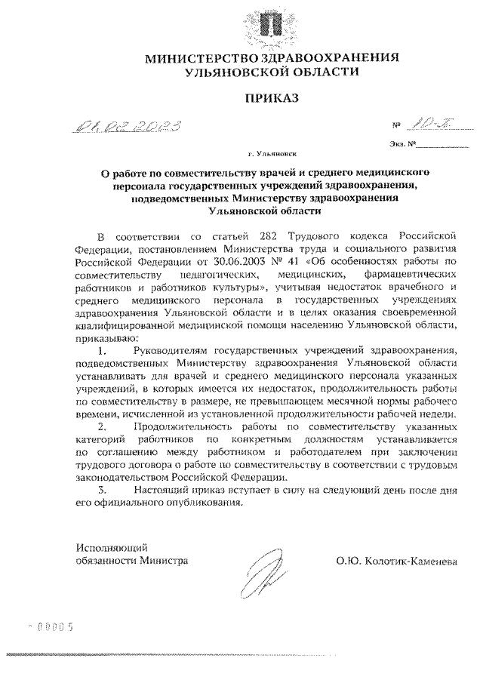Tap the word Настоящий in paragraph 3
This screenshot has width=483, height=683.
(x=161, y=490)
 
